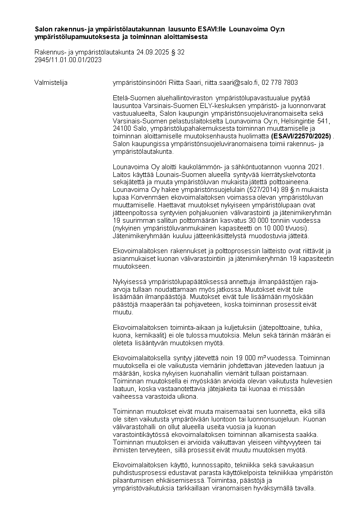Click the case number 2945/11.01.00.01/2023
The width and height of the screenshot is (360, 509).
click(68, 59)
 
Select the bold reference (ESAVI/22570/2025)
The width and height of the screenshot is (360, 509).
click(301, 136)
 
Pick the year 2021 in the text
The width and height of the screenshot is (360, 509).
click(314, 169)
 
